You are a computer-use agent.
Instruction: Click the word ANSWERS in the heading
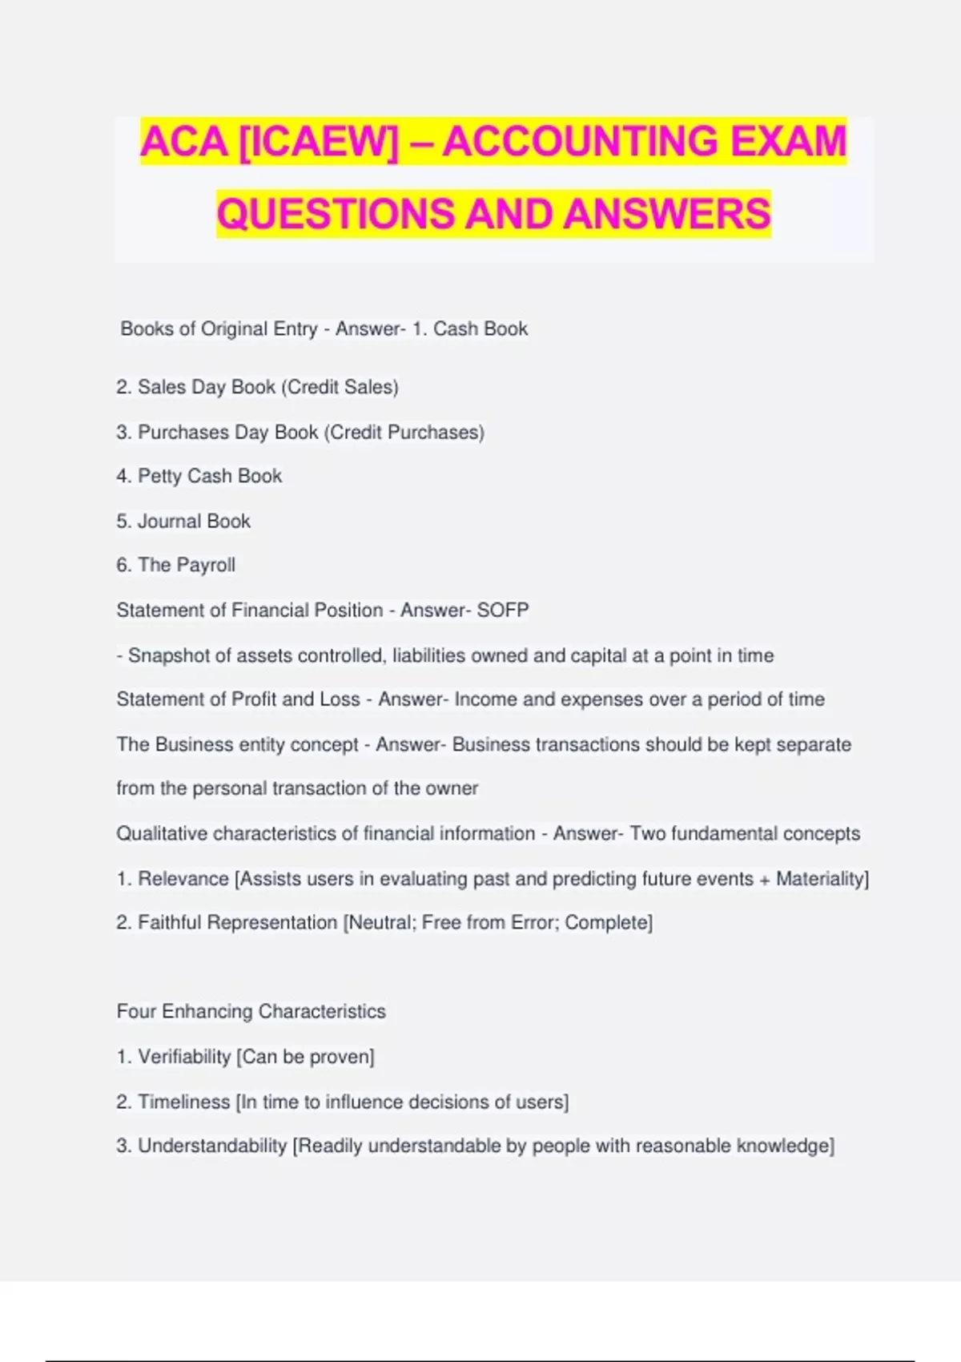pos(666,214)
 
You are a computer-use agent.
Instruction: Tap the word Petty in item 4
pos(159,477)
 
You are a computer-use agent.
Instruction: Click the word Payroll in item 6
pos(206,566)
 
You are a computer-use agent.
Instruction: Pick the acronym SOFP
pos(502,610)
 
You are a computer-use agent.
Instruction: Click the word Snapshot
pos(167,656)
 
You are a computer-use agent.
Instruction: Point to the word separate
pos(814,745)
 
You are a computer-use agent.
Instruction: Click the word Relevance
pos(183,879)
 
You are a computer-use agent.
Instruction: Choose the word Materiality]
pos(822,879)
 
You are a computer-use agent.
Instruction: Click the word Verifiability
pos(184,1058)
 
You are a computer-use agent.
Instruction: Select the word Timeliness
pos(183,1102)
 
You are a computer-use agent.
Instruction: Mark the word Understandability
pos(212,1146)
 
